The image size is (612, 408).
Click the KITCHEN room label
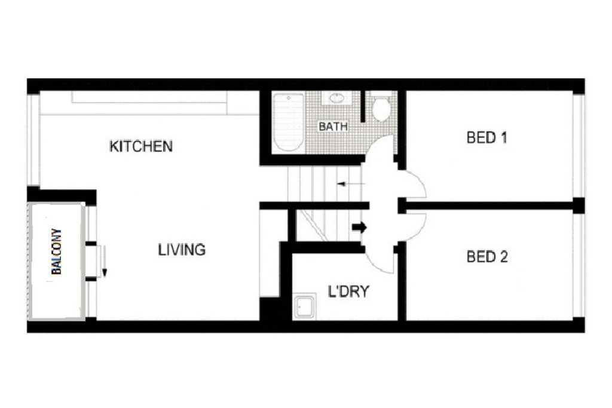(141, 146)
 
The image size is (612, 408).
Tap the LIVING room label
(182, 250)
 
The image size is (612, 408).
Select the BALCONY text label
(57, 251)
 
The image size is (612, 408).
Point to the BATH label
(333, 127)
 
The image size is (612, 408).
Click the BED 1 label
(486, 137)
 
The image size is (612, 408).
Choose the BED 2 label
(487, 257)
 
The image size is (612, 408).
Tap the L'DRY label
(348, 292)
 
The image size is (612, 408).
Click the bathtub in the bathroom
(289, 122)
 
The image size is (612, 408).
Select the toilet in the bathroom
(381, 109)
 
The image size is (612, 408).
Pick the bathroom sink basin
(336, 98)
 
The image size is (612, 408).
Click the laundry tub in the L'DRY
(304, 306)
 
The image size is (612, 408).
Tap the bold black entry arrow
(359, 227)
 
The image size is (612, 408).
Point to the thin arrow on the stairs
(351, 184)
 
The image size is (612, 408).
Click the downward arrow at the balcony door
(104, 261)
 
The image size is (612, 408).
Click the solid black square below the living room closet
(270, 309)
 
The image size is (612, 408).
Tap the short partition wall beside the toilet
(363, 106)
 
